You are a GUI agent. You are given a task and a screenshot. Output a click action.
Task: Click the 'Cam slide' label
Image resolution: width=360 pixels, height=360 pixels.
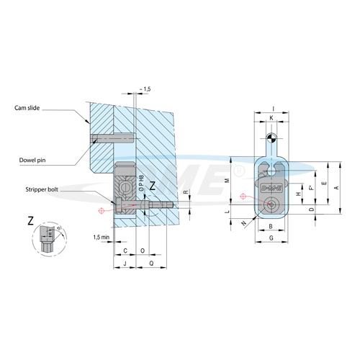tap(27, 108)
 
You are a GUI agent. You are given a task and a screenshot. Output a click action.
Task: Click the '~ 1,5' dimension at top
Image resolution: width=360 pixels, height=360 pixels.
tap(143, 89)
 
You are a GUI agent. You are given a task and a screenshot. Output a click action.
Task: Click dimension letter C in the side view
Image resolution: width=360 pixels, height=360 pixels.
tap(125, 251)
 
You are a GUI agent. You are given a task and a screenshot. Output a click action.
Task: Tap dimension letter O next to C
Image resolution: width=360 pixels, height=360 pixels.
tap(142, 251)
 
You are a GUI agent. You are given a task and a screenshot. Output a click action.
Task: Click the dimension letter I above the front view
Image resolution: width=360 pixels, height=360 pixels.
tap(270, 109)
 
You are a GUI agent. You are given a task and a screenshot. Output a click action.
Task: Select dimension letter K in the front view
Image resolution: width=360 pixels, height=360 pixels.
tap(270, 117)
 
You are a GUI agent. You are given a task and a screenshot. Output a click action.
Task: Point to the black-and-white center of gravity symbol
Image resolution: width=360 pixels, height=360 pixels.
tap(270, 138)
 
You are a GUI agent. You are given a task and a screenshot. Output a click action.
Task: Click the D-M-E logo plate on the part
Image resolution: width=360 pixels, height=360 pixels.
tap(271, 187)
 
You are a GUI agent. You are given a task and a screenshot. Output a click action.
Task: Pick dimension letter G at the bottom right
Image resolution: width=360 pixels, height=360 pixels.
tap(270, 238)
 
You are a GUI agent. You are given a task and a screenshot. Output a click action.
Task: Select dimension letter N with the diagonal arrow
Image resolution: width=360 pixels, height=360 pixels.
tap(243, 224)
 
